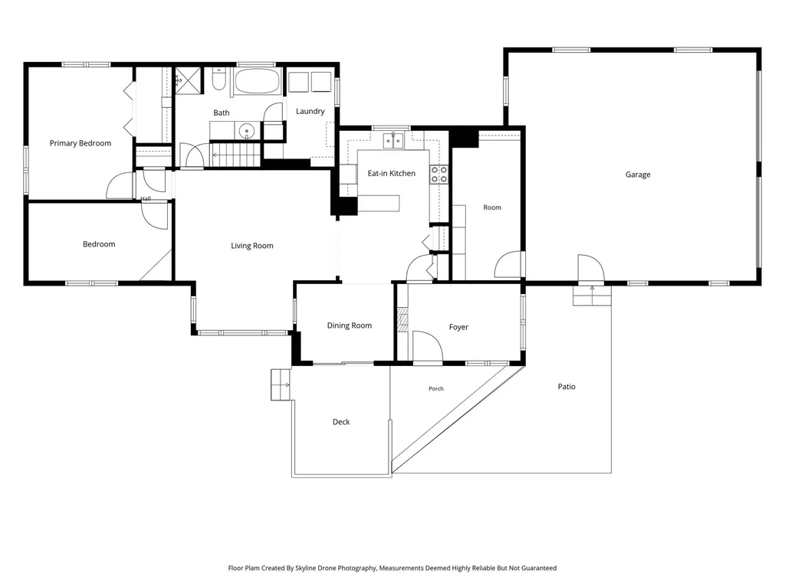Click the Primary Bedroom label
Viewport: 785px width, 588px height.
[x=80, y=143]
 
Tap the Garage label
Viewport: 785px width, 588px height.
[x=638, y=175]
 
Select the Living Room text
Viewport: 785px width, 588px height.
[x=251, y=246]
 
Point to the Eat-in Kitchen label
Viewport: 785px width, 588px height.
[x=392, y=174]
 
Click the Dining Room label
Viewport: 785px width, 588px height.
[x=350, y=325]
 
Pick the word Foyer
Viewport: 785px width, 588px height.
[x=458, y=327]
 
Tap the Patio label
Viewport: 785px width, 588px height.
[x=567, y=387]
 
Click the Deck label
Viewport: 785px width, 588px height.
[x=341, y=422]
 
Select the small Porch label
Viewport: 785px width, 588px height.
[x=436, y=388]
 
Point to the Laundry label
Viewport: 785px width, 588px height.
[x=310, y=111]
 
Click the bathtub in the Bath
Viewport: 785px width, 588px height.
[x=258, y=81]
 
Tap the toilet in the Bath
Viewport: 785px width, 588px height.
[x=218, y=80]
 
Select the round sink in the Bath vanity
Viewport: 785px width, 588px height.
[x=247, y=132]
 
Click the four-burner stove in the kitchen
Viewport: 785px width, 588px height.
[x=439, y=175]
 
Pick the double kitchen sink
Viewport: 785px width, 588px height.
[x=393, y=141]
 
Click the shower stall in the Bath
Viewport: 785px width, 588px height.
[x=188, y=80]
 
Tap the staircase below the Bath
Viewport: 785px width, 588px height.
[x=236, y=155]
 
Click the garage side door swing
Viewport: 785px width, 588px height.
[x=591, y=269]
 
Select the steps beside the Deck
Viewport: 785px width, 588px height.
[x=281, y=384]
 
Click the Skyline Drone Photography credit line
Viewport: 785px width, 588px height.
[x=392, y=568]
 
